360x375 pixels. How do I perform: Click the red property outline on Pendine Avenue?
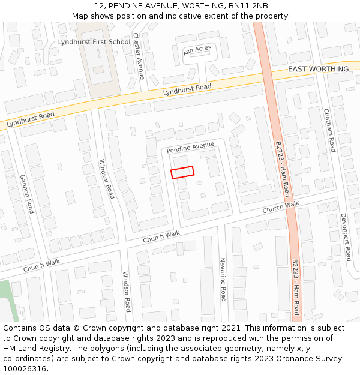182,172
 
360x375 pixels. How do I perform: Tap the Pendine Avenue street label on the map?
190,147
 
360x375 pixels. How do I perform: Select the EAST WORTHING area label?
318,69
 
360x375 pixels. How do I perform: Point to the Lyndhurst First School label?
94,42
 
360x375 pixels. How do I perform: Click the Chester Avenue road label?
139,56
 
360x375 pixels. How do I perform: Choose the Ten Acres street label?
198,50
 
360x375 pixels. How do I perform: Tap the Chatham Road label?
329,130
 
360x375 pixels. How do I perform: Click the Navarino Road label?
223,280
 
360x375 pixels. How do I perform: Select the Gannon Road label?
27,194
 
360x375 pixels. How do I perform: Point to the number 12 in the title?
100,6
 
